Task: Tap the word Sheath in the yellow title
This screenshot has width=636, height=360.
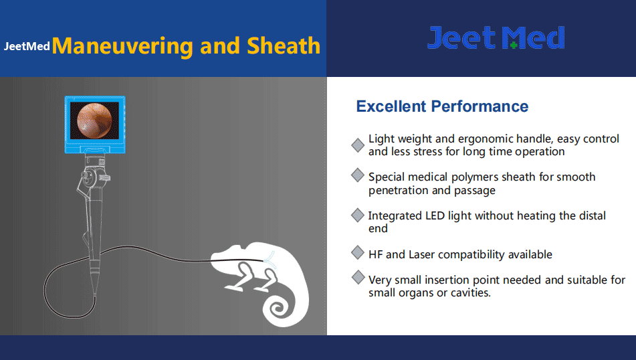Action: pyautogui.click(x=284, y=46)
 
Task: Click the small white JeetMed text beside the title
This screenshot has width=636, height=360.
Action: pyautogui.click(x=27, y=46)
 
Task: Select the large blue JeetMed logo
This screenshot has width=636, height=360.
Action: pyautogui.click(x=496, y=37)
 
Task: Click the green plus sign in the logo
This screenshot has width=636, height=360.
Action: pyautogui.click(x=514, y=45)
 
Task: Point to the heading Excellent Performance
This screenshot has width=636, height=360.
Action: pyautogui.click(x=442, y=106)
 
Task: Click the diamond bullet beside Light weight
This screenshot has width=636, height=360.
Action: pyautogui.click(x=358, y=145)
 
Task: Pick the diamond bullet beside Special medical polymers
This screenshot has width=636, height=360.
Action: pyautogui.click(x=357, y=175)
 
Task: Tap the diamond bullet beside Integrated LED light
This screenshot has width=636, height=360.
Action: pyautogui.click(x=357, y=215)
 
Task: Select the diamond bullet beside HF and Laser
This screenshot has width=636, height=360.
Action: pyautogui.click(x=357, y=252)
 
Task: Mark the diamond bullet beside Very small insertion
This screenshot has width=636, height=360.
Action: pyautogui.click(x=358, y=278)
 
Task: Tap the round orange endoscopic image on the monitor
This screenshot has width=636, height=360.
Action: pyautogui.click(x=94, y=120)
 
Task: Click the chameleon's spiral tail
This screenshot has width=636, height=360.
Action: pyautogui.click(x=279, y=308)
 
